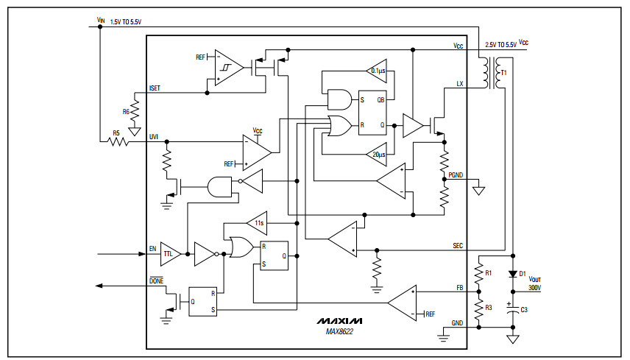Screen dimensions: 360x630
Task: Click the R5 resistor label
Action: point(116,133)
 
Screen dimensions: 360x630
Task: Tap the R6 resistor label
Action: point(126,112)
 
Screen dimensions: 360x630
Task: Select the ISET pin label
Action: point(155,88)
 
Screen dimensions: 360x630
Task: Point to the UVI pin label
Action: point(154,136)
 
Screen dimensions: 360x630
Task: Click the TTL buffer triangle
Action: point(169,254)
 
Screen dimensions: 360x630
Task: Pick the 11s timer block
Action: point(258,222)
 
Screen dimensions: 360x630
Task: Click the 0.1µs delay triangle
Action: point(377,71)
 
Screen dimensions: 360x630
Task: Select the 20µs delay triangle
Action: point(377,155)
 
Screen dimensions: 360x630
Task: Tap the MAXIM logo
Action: point(340,322)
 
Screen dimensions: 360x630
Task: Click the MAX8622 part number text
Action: point(340,332)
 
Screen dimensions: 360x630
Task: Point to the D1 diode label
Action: point(524,274)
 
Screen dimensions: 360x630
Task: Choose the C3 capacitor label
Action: point(524,309)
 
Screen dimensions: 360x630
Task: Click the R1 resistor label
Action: point(488,272)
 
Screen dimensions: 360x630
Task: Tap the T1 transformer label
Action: point(503,74)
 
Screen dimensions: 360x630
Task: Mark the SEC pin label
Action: point(458,245)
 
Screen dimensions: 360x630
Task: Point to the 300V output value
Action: point(534,288)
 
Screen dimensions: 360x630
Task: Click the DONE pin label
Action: point(156,281)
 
